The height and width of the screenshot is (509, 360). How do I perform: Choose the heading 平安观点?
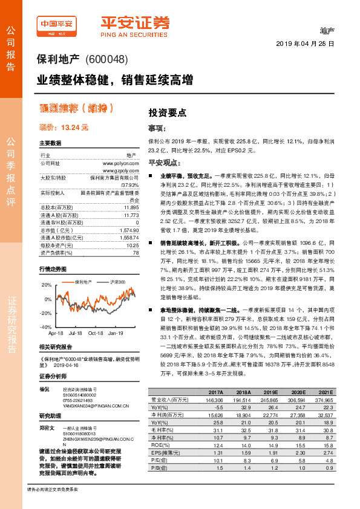coord(162,163)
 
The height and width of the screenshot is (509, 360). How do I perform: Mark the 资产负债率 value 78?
coord(136,253)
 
